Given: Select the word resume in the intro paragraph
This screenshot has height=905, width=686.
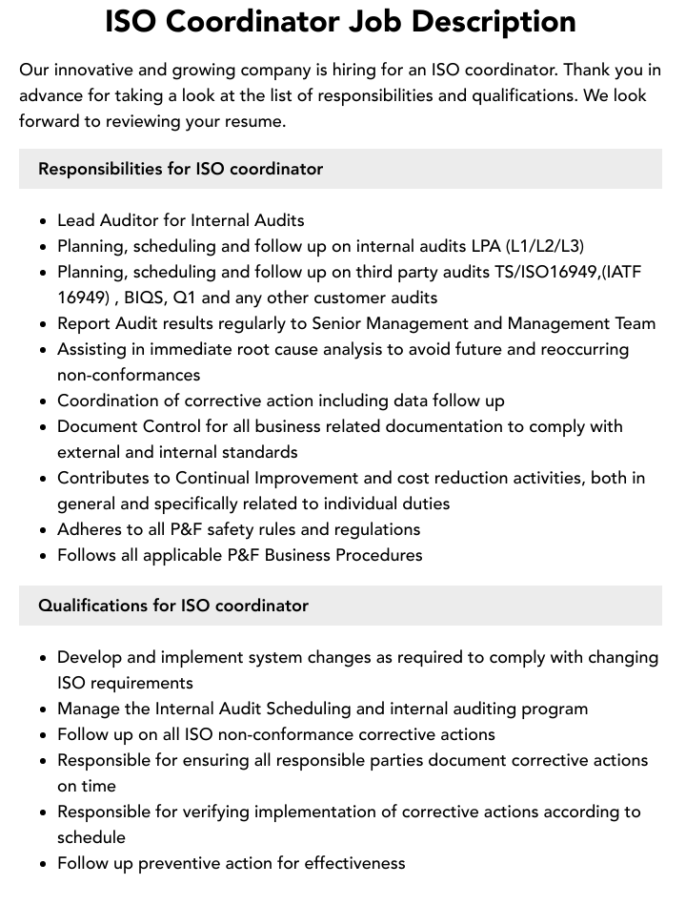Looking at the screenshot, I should (254, 121).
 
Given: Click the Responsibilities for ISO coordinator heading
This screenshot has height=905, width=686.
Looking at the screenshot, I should (180, 169).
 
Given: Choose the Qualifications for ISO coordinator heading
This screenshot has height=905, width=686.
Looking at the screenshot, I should (173, 606).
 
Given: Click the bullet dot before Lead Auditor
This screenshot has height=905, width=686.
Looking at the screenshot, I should (43, 221).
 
